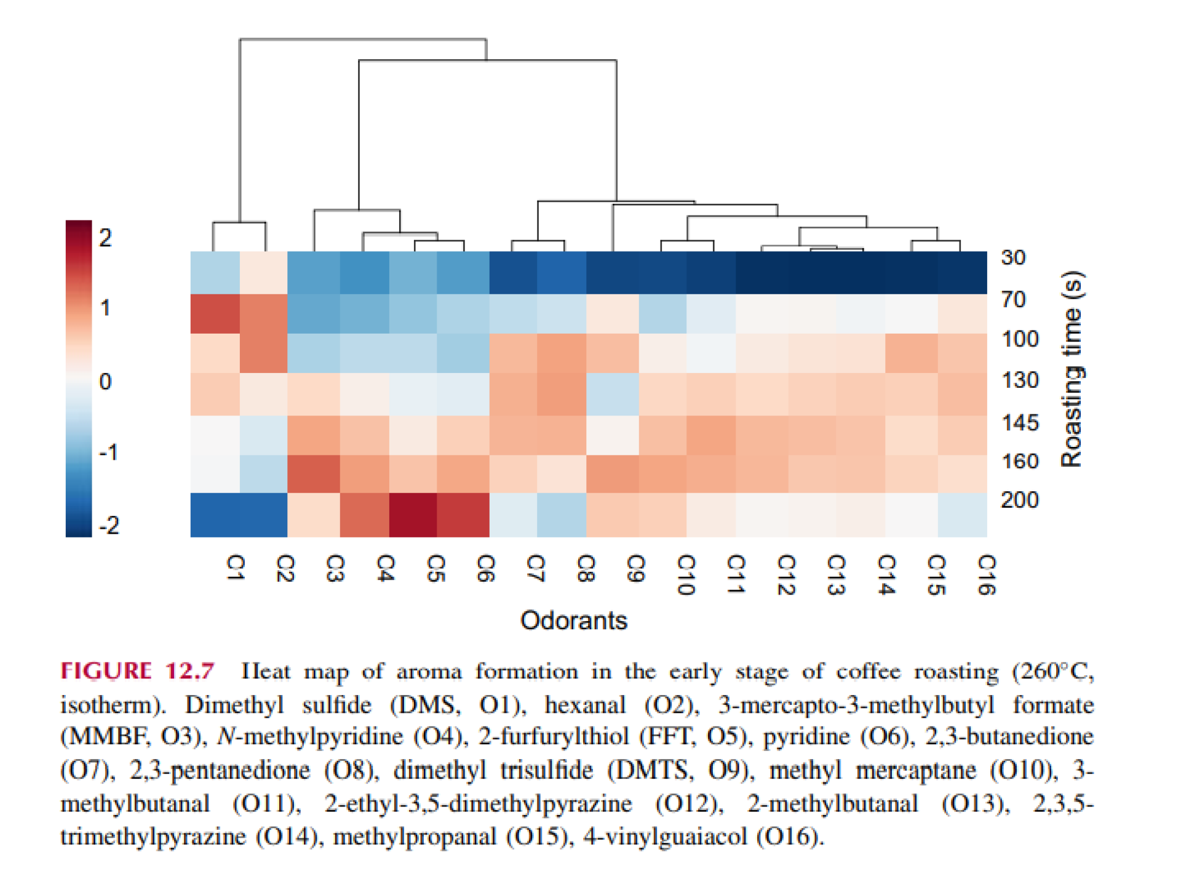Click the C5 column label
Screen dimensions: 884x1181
tap(435, 568)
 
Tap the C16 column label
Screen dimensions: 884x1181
tap(987, 574)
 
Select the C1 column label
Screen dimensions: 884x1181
tap(235, 567)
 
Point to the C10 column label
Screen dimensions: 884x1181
tap(686, 574)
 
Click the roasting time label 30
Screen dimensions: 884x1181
tap(1013, 257)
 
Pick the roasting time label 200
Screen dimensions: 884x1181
tap(1019, 500)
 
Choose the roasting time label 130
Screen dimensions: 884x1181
tap(1020, 380)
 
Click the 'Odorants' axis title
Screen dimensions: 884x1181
tap(573, 621)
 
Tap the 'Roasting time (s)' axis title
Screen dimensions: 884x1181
tap(1072, 369)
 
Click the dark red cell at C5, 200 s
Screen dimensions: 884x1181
tap(413, 515)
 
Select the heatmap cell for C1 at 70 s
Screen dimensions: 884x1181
tap(215, 313)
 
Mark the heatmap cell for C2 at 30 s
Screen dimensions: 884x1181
tap(264, 272)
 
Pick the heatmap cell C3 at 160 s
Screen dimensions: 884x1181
tap(314, 474)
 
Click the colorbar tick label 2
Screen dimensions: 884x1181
tap(105, 238)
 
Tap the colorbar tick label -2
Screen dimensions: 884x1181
tap(108, 526)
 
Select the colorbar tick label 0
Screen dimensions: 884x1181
tap(105, 382)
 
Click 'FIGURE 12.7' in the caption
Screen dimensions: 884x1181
tap(138, 671)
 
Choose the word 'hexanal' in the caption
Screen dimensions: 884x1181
tap(585, 705)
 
